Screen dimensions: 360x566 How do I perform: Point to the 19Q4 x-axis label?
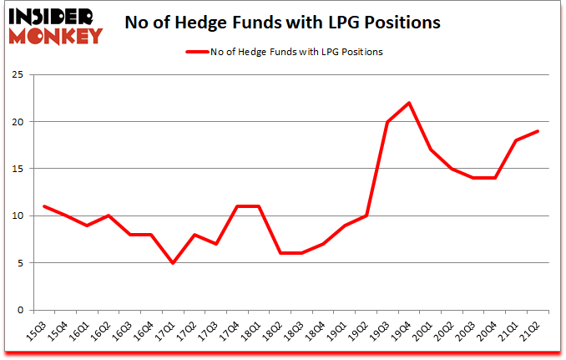coord(409,332)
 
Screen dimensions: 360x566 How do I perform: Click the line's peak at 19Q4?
coord(409,103)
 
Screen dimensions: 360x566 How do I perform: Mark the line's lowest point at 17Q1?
coord(172,263)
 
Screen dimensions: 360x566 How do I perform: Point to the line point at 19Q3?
coord(387,122)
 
